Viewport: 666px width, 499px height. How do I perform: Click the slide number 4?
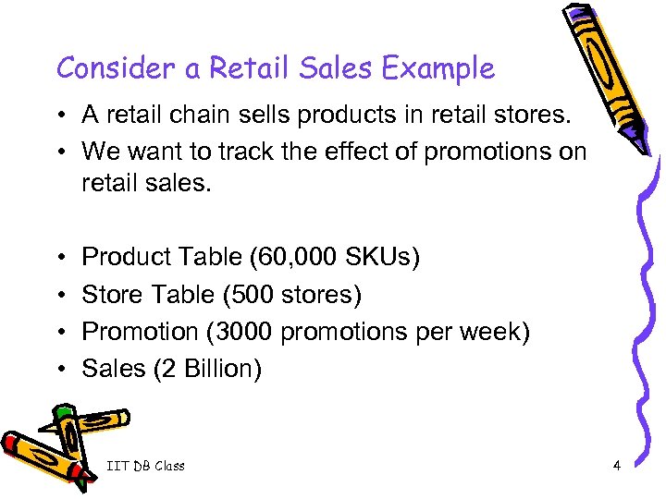pyautogui.click(x=616, y=465)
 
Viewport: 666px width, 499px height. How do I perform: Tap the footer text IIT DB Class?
pyautogui.click(x=145, y=466)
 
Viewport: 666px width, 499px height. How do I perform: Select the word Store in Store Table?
pyautogui.click(x=109, y=294)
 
